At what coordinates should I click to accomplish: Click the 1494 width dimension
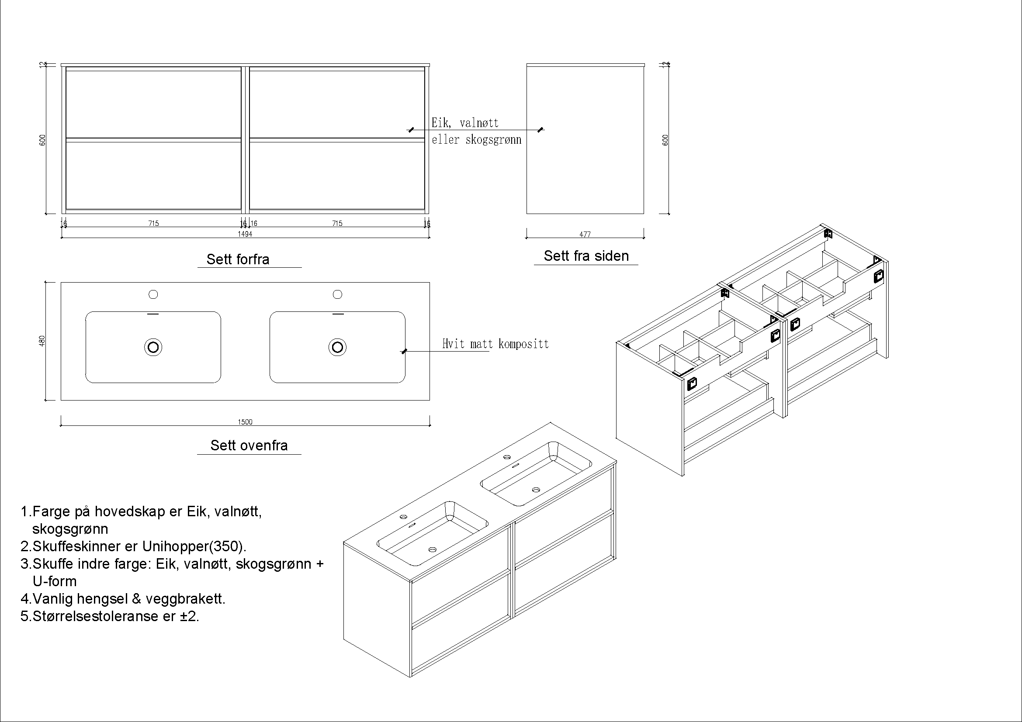click(245, 234)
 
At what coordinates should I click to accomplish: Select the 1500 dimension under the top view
click(245, 422)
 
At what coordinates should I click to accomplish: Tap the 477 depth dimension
click(585, 235)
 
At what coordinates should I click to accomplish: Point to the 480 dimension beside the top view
click(43, 341)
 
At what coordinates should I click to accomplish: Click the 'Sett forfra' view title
click(238, 259)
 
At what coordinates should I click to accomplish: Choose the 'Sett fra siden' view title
click(586, 256)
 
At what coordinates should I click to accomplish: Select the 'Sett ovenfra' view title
click(249, 446)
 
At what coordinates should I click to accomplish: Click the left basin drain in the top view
click(153, 347)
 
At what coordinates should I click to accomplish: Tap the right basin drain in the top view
click(337, 347)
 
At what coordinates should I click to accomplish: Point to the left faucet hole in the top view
click(153, 294)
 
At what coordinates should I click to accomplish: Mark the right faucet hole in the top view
click(337, 294)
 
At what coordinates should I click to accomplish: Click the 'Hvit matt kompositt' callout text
click(495, 344)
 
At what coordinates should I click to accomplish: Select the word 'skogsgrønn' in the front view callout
click(494, 140)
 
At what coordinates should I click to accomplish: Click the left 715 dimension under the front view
click(153, 223)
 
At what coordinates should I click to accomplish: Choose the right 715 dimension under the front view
click(337, 223)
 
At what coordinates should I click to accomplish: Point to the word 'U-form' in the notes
click(55, 581)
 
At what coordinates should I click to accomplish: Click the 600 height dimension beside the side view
click(665, 140)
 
